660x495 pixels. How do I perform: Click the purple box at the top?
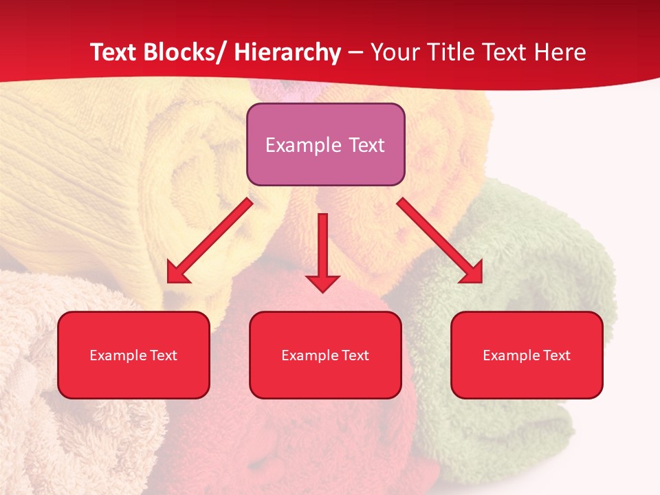click(325, 124)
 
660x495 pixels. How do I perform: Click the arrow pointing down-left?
click(209, 241)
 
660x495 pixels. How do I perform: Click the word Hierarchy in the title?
click(287, 52)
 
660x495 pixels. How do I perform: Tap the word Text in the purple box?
click(366, 145)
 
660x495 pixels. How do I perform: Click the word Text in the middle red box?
click(355, 355)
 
